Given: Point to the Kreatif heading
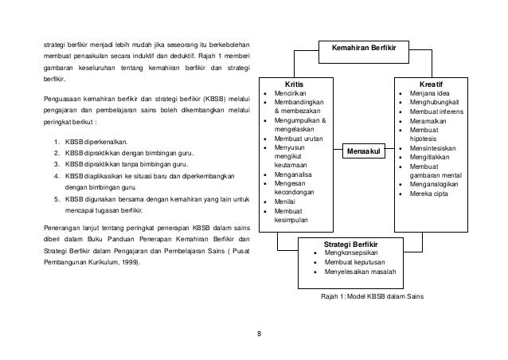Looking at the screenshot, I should pos(431,84).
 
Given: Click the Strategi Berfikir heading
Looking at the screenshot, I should pos(351,242).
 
